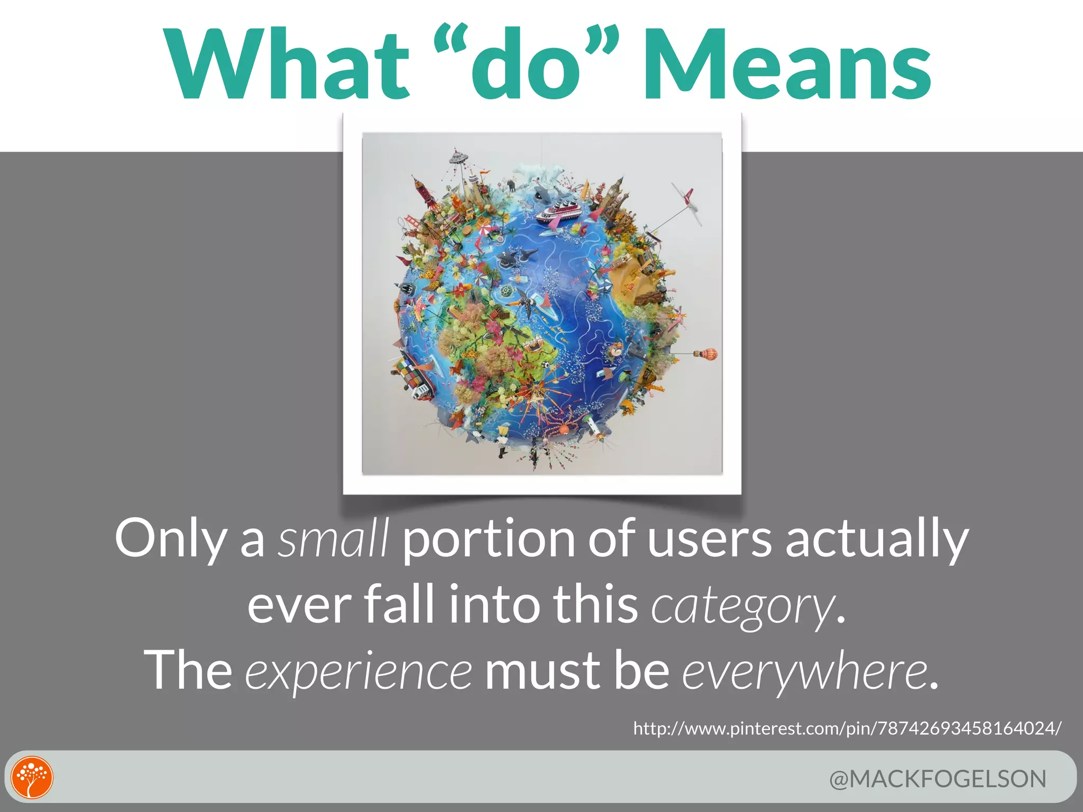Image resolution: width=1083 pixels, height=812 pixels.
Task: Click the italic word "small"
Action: point(333,539)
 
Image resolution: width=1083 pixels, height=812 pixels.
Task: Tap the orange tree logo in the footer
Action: point(32,778)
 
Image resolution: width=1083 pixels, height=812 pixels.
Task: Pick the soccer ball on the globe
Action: point(545,364)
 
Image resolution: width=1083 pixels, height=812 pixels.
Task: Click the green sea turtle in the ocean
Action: point(509,290)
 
